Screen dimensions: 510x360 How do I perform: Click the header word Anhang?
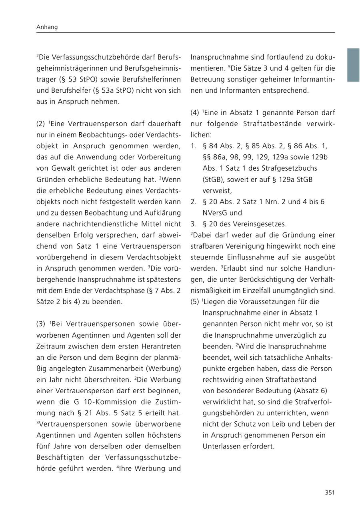[47, 27]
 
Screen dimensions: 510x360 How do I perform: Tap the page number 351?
[330, 492]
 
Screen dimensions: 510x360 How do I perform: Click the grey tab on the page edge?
[353, 65]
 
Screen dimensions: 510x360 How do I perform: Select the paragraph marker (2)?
[41, 124]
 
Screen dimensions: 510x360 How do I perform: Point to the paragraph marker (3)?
[41, 324]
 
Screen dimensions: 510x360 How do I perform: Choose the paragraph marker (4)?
[195, 113]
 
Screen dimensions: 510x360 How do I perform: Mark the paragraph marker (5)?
[195, 301]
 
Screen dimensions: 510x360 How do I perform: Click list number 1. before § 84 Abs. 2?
[193, 146]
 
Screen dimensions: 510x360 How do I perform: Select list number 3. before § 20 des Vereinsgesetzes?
[193, 224]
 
